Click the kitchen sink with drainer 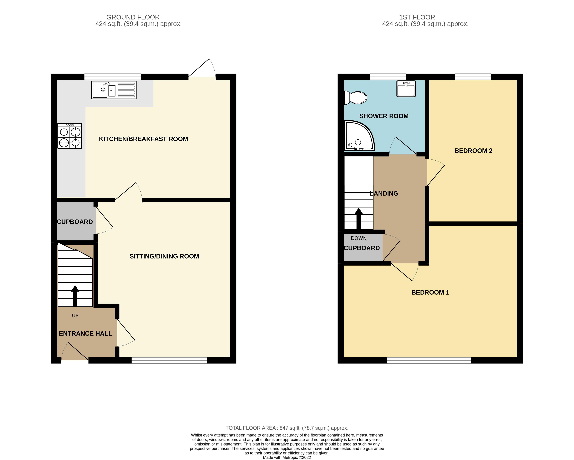[x=114, y=90]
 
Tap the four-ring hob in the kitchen [x=70, y=136]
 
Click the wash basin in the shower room [x=406, y=89]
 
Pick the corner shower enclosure [x=358, y=136]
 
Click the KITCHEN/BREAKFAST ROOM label [x=143, y=139]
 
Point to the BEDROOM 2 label [x=473, y=151]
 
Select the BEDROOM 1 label [x=430, y=292]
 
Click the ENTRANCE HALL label [x=85, y=334]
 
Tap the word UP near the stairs [x=75, y=316]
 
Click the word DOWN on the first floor [x=359, y=238]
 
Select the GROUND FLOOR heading [x=133, y=17]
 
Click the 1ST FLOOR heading [x=417, y=17]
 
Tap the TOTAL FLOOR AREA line [x=287, y=428]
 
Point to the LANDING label [x=384, y=194]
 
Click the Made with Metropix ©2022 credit [x=287, y=457]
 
